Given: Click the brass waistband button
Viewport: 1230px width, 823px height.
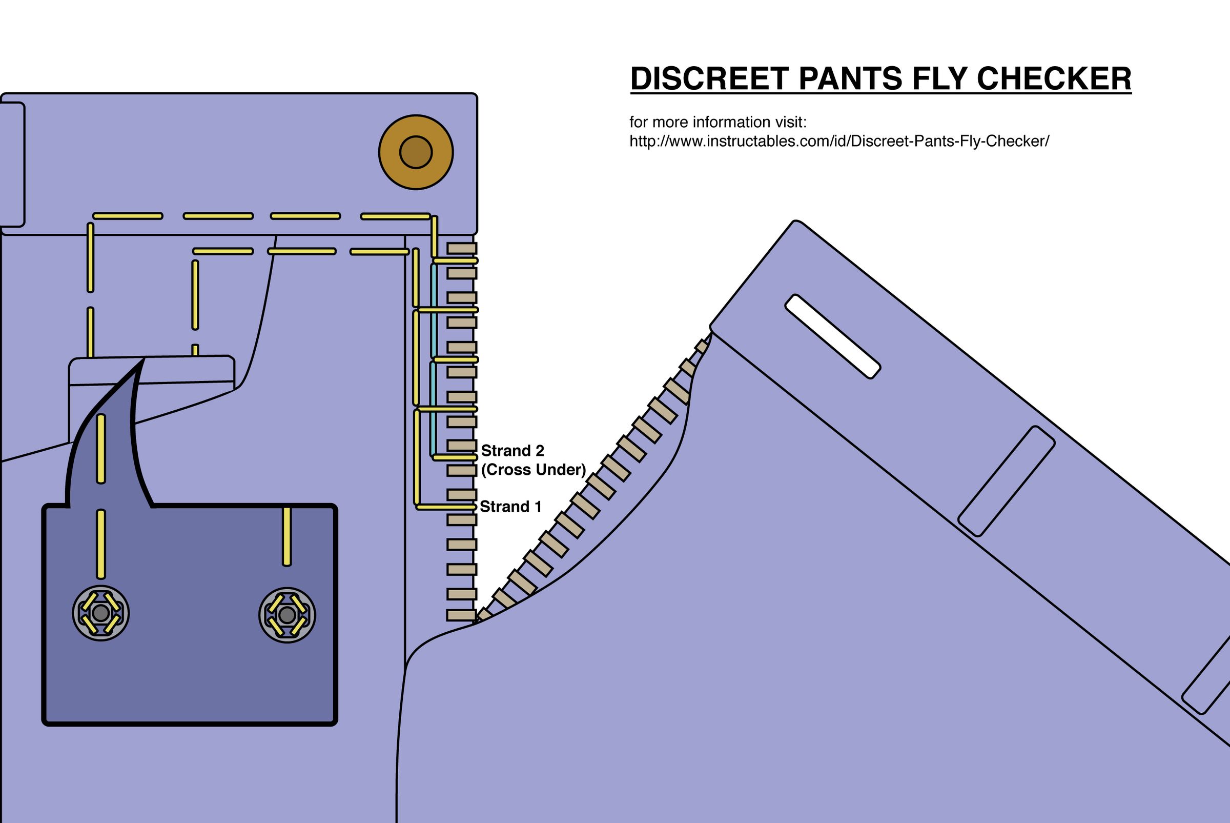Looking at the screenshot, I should point(416,152).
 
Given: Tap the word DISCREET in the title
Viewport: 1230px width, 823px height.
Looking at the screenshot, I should point(709,79).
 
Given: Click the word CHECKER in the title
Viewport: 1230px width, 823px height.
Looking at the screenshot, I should point(1054,79).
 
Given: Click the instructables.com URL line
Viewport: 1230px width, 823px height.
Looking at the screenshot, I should point(839,141).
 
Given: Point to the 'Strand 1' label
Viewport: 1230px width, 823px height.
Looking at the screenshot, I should point(510,507).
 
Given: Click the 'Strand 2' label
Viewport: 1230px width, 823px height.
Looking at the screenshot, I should point(512,450).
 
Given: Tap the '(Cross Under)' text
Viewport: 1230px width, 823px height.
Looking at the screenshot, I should point(533,469).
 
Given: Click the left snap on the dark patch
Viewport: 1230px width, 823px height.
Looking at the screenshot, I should point(101,613).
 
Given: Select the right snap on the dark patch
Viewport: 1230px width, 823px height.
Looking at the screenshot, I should point(287,615).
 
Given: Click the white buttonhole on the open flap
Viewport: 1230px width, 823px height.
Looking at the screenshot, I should point(832,336).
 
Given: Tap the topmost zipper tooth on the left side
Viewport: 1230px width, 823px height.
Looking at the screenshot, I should point(461,248).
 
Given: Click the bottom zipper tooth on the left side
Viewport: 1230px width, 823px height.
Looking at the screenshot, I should point(461,615).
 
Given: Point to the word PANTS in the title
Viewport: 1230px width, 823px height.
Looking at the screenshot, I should point(850,79).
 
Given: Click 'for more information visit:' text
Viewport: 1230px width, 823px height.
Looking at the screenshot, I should point(717,122).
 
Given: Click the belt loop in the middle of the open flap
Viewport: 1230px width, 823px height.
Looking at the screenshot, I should point(1006,481).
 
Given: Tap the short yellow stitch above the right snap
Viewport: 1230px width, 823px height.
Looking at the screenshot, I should point(286,536).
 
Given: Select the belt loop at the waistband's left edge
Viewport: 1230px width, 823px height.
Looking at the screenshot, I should point(12,164).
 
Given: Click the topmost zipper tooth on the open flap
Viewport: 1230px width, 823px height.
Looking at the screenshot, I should point(702,347).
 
